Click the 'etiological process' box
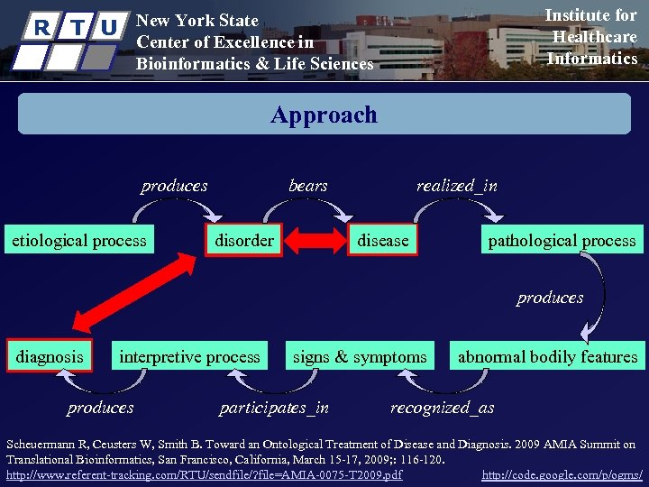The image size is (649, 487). tap(79, 240)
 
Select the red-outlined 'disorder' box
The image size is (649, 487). tap(244, 240)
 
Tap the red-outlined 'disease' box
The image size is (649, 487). tap(383, 240)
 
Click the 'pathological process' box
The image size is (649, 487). tap(562, 240)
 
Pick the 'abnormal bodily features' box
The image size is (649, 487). tap(547, 356)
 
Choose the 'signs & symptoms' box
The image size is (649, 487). tap(360, 356)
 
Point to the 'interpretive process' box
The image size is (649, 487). tap(189, 356)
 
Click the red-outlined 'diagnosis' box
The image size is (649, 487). tap(50, 356)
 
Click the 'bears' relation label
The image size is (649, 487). tap(308, 186)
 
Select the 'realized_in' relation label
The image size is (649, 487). tap(456, 186)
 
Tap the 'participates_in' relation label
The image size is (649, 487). tap(274, 408)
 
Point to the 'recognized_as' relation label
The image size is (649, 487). tap(442, 408)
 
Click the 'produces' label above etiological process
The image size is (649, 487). tap(174, 186)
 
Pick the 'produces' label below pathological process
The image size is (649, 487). tap(550, 298)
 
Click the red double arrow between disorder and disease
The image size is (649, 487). tap(315, 241)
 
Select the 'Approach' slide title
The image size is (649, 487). tap(324, 115)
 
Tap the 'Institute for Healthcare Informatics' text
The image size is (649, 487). tap(592, 37)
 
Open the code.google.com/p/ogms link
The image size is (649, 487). tap(562, 474)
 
